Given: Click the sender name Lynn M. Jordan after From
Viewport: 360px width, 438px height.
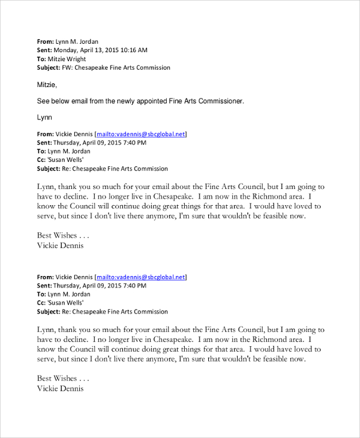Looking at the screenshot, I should tap(77, 41).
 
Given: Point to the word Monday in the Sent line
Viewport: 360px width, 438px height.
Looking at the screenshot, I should tap(67, 50).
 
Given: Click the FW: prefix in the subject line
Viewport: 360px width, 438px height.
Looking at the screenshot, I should tap(67, 68).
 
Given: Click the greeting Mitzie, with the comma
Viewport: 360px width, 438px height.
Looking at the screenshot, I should tap(47, 85).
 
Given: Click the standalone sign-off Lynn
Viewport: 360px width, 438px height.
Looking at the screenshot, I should tap(45, 118).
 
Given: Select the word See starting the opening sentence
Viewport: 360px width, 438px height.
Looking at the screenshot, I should tap(43, 101).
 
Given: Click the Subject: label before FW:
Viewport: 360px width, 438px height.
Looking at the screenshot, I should tap(49, 68).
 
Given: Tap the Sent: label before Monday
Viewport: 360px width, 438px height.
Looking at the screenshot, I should tap(44, 50).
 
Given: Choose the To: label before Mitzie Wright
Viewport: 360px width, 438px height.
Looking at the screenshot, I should tap(41, 59).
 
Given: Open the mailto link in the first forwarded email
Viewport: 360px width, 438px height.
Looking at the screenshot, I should tap(140, 134).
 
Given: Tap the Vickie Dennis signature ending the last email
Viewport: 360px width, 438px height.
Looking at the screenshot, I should tap(61, 388).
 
